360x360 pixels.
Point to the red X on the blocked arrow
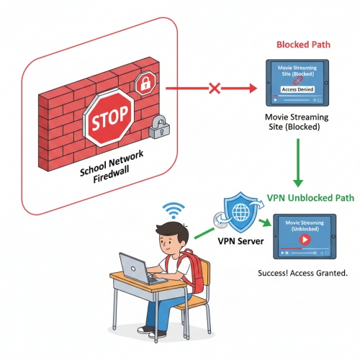[x=214, y=89]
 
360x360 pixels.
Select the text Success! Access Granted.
[x=302, y=274]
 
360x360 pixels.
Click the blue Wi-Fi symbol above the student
[x=171, y=211]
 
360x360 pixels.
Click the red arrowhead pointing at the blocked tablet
[x=251, y=89]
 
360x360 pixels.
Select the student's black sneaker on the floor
[x=147, y=330]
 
